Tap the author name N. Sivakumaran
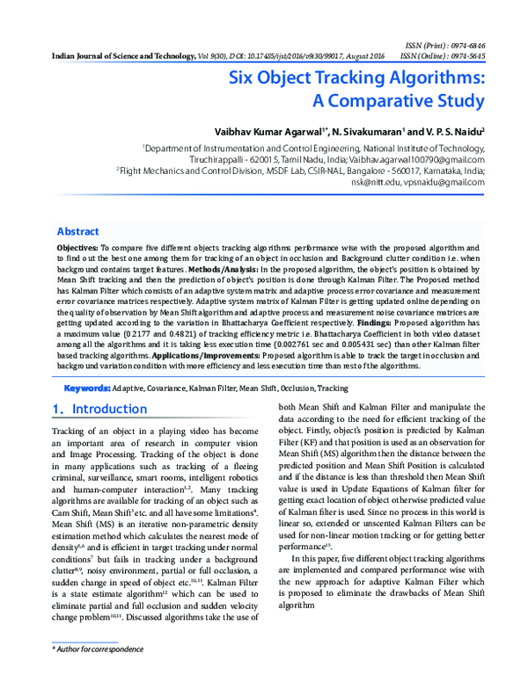(364, 130)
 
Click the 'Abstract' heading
(78, 232)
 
